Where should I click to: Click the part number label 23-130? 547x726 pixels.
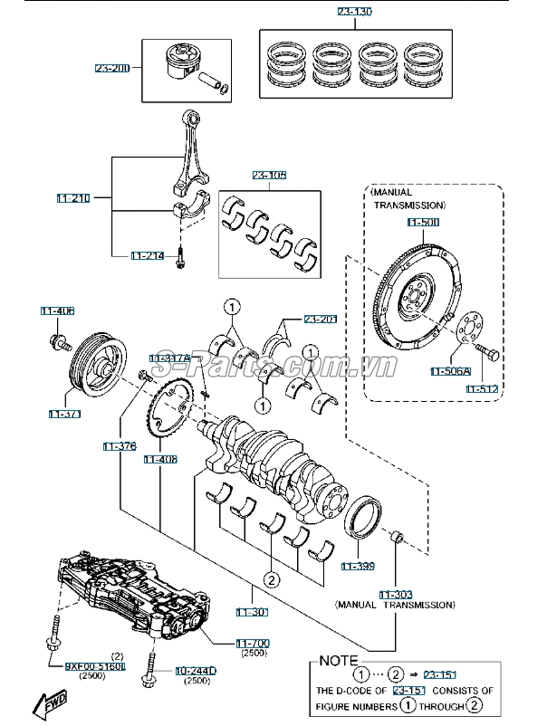354,12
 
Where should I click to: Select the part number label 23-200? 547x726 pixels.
112,68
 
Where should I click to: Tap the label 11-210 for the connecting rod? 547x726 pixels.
73,196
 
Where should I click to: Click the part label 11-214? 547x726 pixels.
148,256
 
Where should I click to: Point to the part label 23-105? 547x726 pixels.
268,176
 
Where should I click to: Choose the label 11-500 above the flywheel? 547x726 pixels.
422,222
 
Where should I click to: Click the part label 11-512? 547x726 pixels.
482,388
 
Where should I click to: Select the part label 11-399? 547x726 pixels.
358,567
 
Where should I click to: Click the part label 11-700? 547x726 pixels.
253,643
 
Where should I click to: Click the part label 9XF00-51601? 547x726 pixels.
94,666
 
